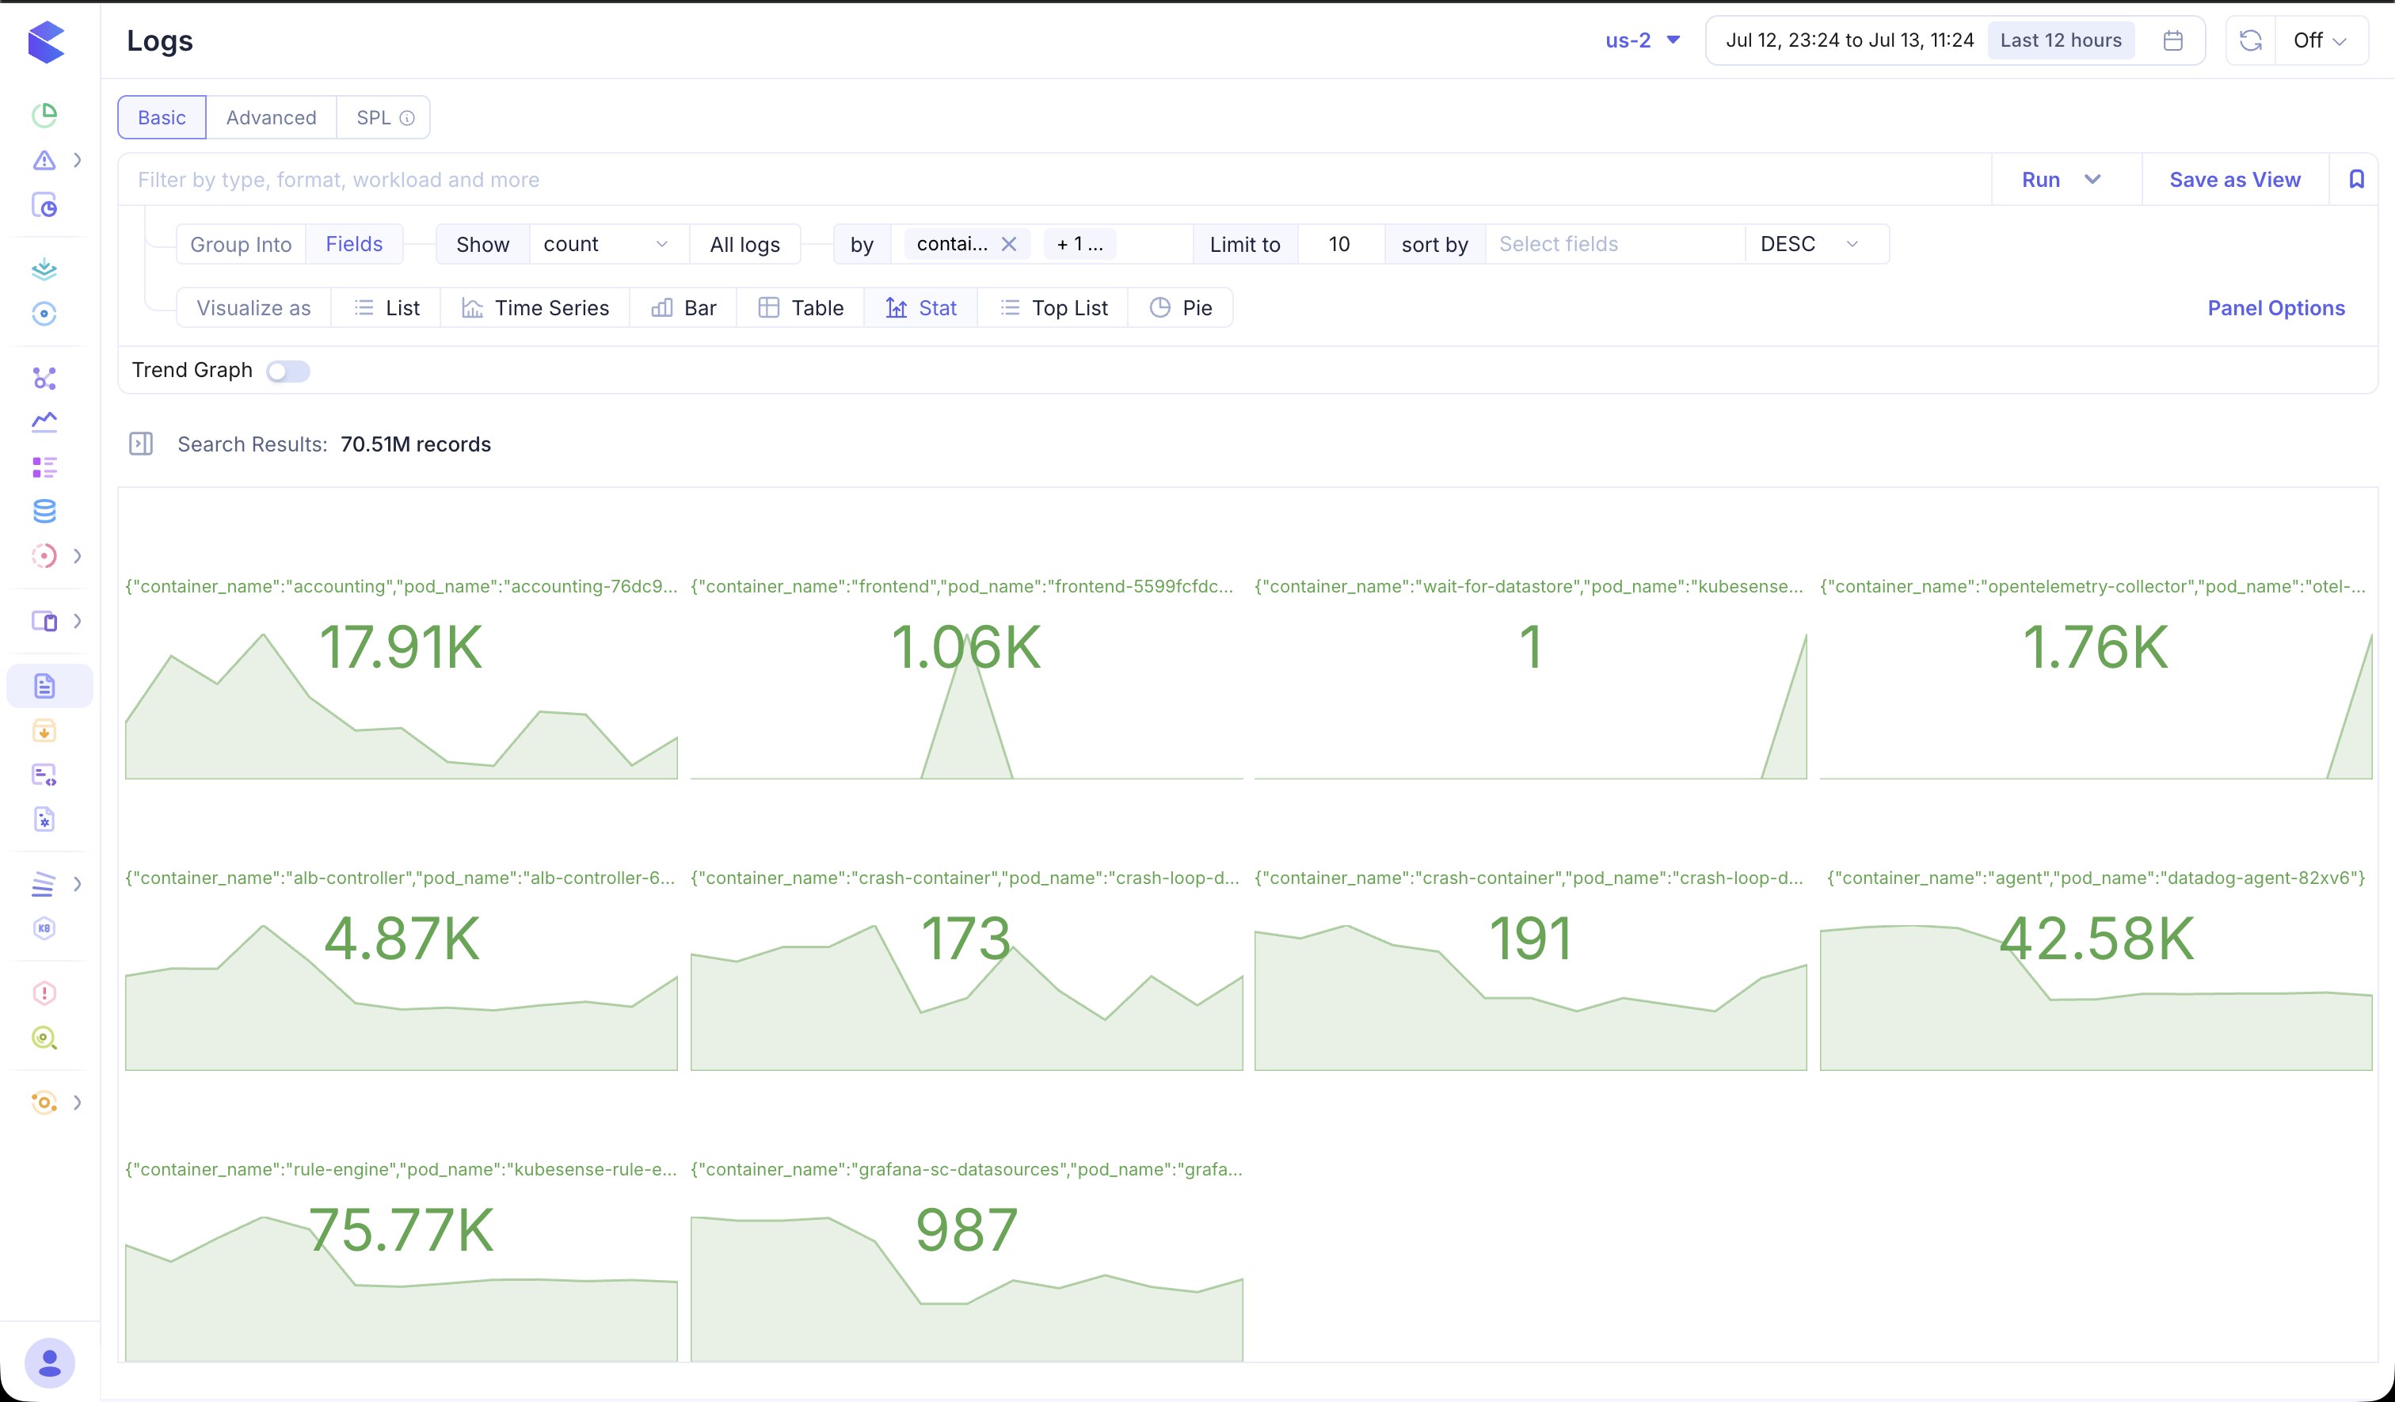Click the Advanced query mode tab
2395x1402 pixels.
tap(271, 118)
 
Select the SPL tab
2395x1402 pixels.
tap(384, 118)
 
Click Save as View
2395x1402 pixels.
tap(2234, 180)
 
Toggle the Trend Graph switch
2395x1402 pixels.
tap(288, 371)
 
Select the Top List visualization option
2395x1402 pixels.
tap(1054, 308)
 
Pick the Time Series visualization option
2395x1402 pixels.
tap(535, 308)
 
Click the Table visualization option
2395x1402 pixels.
tap(802, 308)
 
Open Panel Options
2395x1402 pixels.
tap(2276, 308)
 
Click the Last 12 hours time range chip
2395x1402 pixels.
tap(2061, 40)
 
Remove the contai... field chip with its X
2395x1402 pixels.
tap(1009, 244)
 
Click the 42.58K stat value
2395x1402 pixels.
tap(2096, 939)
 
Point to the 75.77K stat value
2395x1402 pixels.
tap(401, 1230)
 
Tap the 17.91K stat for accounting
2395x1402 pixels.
tap(401, 647)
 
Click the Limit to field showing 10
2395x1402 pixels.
tap(1339, 244)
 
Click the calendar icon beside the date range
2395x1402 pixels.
tap(2172, 40)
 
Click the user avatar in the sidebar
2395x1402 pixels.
tap(49, 1363)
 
